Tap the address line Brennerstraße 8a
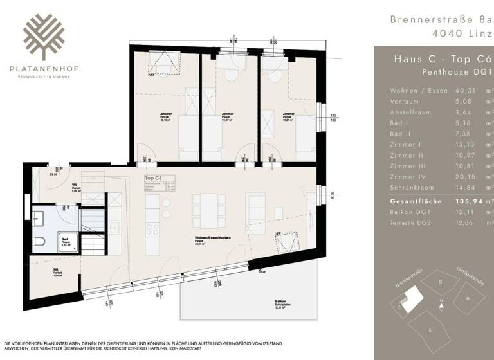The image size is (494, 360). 438,19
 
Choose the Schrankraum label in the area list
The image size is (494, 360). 415,188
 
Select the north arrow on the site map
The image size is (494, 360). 441,301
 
